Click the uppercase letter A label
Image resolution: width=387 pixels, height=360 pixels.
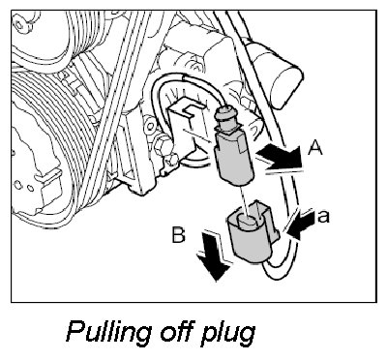click(x=315, y=149)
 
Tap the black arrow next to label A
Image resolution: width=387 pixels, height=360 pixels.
click(x=280, y=157)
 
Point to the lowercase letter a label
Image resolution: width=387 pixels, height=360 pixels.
click(x=323, y=217)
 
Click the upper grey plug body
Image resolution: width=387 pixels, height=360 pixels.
click(x=233, y=159)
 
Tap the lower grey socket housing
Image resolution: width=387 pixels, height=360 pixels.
click(x=252, y=231)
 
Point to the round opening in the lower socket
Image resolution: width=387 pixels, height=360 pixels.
click(x=248, y=221)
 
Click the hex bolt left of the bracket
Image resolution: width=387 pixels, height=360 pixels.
click(x=161, y=145)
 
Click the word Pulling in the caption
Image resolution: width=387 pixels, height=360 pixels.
click(x=109, y=332)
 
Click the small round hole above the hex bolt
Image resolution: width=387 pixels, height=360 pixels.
click(x=149, y=124)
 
